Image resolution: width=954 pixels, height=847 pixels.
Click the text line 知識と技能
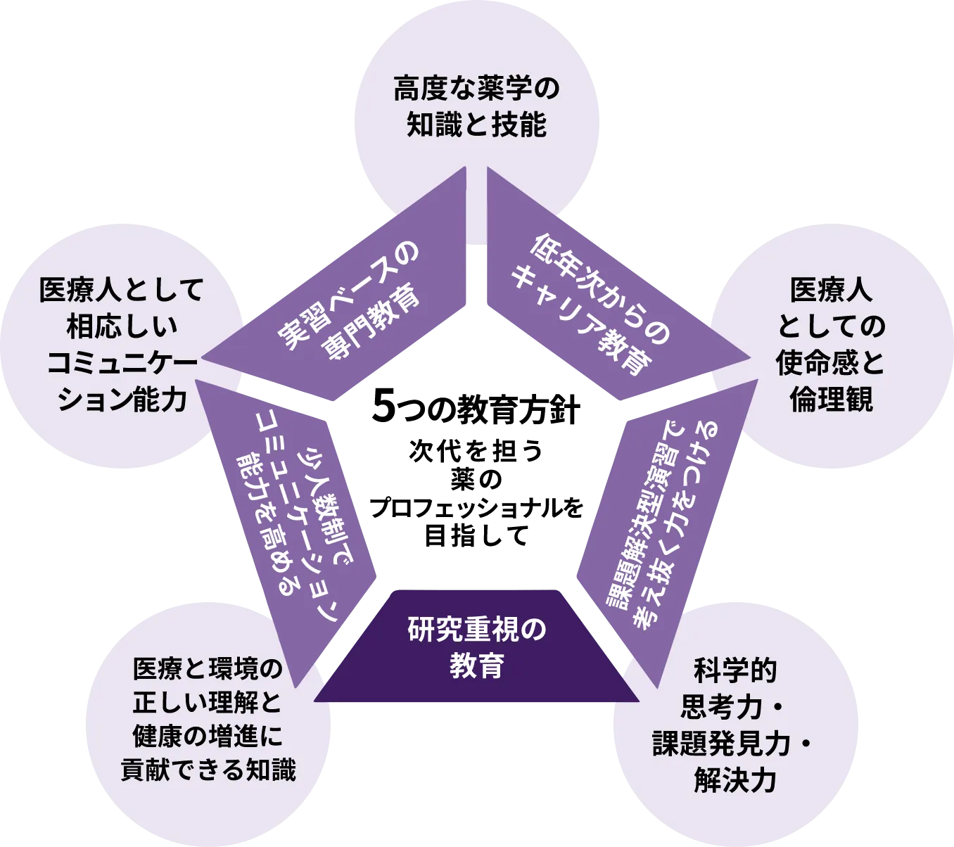[477, 125]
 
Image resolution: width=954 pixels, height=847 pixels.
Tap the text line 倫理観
[831, 400]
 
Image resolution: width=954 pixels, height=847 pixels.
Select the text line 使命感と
[831, 363]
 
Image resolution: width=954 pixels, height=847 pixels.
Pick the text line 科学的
[735, 670]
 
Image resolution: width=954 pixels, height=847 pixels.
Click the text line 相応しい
[122, 326]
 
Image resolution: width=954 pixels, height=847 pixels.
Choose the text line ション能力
[122, 400]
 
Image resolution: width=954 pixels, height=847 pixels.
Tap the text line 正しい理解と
[208, 702]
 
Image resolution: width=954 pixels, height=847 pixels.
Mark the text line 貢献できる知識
[208, 770]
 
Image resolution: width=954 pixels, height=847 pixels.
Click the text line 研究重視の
[477, 630]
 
